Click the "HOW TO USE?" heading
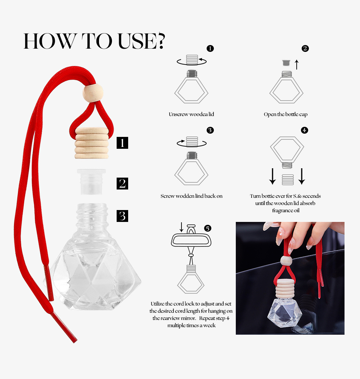[x=94, y=41]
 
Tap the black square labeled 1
[x=122, y=143]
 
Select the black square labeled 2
[x=122, y=183]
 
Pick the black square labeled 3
[x=122, y=216]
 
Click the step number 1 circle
[x=210, y=48]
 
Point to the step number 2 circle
[x=305, y=48]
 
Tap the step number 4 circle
[x=305, y=130]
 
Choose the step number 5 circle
[x=208, y=228]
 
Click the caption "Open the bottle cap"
[x=285, y=114]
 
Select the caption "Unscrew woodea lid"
[x=192, y=114]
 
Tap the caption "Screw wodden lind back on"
[x=192, y=196]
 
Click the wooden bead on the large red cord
[x=93, y=93]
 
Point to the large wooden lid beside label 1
[x=91, y=143]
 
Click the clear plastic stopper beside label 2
[x=91, y=182]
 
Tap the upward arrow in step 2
[x=297, y=65]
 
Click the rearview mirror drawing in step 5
[x=191, y=240]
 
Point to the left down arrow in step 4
[x=273, y=176]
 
